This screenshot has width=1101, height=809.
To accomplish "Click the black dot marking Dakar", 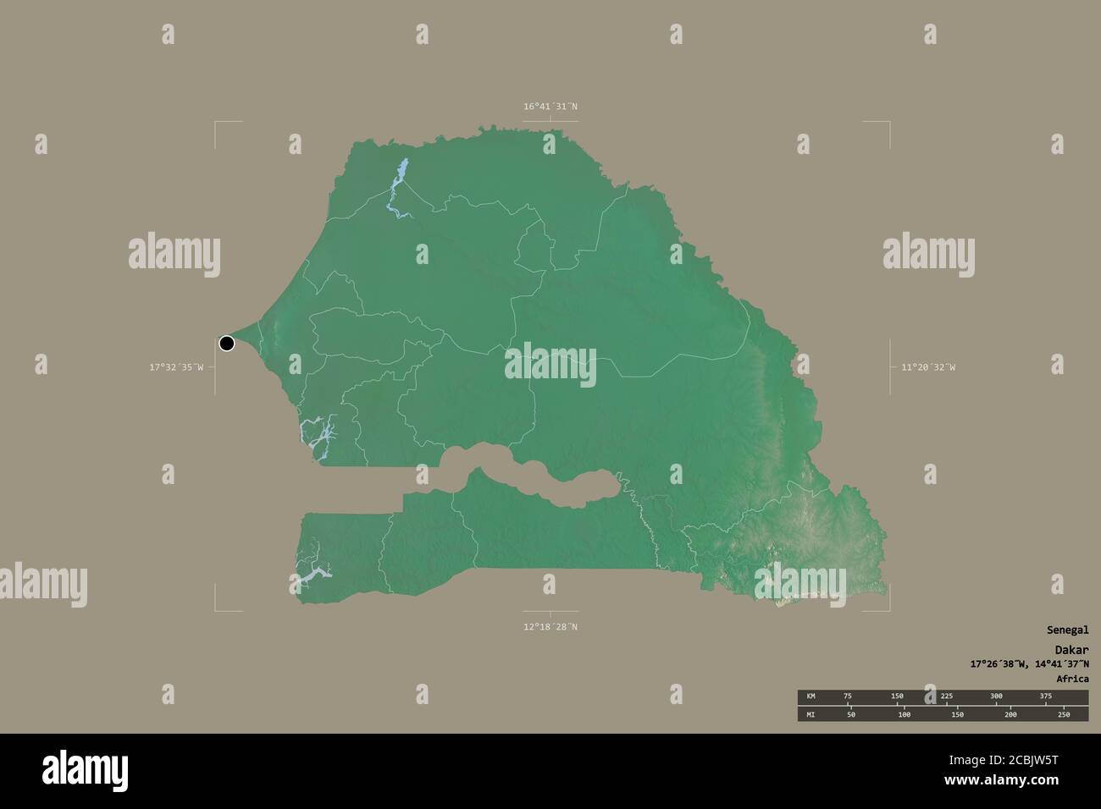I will [x=226, y=343].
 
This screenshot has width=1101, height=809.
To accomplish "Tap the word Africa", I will [x=1072, y=679].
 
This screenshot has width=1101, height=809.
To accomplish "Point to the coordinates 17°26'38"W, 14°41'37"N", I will [x=1030, y=663].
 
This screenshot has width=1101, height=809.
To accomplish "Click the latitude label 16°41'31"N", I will [x=550, y=107].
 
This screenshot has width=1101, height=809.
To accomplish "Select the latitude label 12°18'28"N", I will [x=550, y=627].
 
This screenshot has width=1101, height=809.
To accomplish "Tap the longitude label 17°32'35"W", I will [x=176, y=367].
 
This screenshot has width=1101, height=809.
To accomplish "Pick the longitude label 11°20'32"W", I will [x=927, y=367].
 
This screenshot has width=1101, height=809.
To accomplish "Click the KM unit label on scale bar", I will [x=811, y=696].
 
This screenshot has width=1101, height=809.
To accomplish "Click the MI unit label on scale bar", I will [x=811, y=715].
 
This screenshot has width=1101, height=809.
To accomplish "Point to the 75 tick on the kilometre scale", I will [x=848, y=696].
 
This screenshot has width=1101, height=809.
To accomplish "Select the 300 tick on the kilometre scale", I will [x=996, y=696].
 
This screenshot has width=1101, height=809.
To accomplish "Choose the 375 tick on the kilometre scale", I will [x=1045, y=696].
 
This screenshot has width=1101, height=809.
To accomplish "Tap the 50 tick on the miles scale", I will [x=851, y=715].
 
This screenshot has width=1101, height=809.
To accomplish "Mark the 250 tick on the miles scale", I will [x=1063, y=715].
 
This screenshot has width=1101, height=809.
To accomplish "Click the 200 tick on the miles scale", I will [x=1010, y=715].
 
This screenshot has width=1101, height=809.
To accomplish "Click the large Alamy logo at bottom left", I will [x=85, y=770].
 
